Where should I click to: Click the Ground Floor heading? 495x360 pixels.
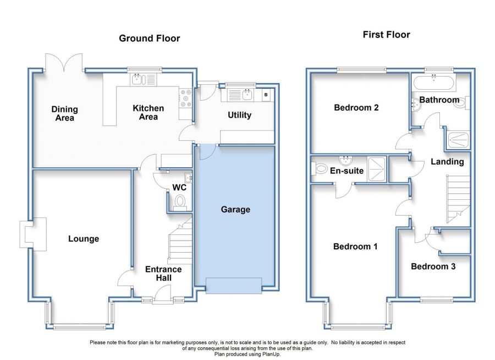[x=150, y=38]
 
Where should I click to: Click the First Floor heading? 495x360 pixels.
[x=386, y=35]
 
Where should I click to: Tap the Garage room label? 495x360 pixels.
[x=235, y=209]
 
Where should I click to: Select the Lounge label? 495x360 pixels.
[x=84, y=238]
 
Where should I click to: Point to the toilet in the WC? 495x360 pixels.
[x=178, y=204]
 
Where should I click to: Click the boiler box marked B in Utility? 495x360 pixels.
[x=267, y=95]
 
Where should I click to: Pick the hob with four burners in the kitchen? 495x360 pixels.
[x=185, y=97]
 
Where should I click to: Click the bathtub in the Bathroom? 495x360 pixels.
[x=433, y=84]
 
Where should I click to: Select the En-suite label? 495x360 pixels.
[x=346, y=171]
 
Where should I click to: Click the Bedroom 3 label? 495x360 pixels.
[x=433, y=266]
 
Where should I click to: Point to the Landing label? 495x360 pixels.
[x=447, y=161]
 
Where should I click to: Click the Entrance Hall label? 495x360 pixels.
[x=163, y=274]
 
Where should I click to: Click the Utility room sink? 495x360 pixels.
[x=248, y=95]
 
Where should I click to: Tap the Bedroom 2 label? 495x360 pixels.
[x=356, y=107]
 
